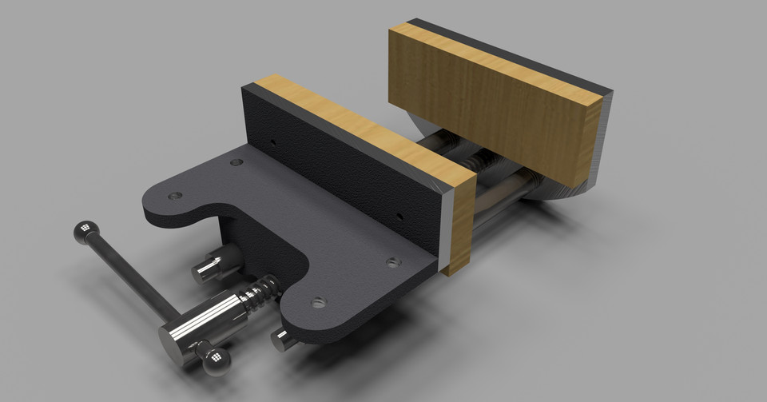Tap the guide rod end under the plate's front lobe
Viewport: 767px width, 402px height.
pos(282,339)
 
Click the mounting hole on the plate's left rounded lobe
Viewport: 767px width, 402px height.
pos(175,195)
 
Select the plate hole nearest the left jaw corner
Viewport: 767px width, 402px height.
pos(236,162)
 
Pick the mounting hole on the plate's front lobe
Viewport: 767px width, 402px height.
pos(319,302)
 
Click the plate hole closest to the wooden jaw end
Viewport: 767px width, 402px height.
pos(391,262)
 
